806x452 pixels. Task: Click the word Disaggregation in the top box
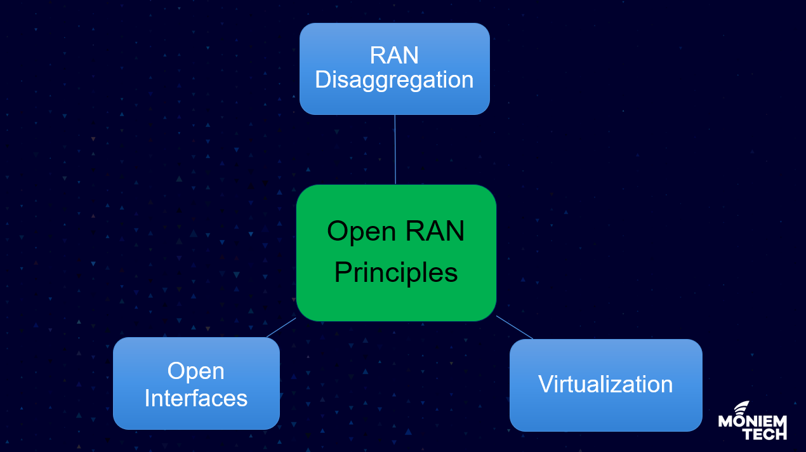(x=394, y=81)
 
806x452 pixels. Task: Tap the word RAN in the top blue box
(x=394, y=55)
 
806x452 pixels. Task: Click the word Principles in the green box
(x=396, y=273)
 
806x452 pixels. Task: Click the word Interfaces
(x=196, y=398)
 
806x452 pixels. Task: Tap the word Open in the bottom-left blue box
(x=196, y=371)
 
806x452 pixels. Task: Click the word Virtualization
(x=605, y=384)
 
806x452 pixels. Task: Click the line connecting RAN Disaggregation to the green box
(x=395, y=149)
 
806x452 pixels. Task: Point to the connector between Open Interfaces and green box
(x=281, y=328)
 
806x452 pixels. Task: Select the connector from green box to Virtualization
(x=515, y=327)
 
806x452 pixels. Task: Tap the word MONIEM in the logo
(x=752, y=422)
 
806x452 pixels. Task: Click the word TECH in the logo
(x=764, y=434)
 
